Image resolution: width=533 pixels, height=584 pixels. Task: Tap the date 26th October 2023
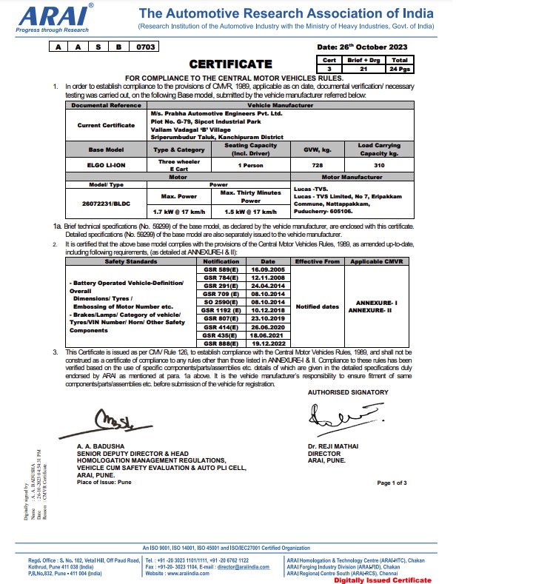tap(374, 47)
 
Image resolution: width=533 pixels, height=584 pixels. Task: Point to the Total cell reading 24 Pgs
tap(399, 68)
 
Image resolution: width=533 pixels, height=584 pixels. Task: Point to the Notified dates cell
tap(318, 306)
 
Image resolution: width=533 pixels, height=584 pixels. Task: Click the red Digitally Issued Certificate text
tap(381, 580)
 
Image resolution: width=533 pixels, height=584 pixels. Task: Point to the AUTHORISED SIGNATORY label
tap(348, 392)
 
